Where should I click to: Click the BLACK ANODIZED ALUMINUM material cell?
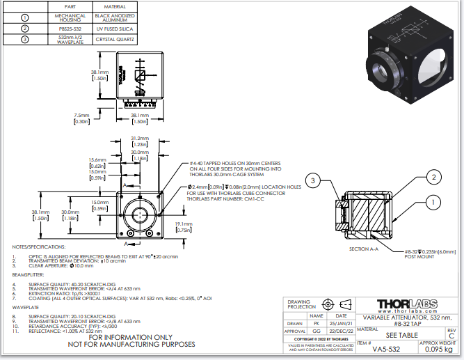tap(115, 17)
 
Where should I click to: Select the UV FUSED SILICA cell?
tap(115, 29)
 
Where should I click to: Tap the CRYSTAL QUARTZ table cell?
tap(115, 39)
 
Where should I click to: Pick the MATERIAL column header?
tap(115, 7)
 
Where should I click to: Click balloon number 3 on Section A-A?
tap(314, 182)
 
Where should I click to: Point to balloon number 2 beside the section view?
tap(433, 178)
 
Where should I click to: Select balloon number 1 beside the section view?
tap(433, 203)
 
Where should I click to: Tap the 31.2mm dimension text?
tap(140, 138)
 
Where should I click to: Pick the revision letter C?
tap(451, 335)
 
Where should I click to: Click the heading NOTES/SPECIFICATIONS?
tap(39, 246)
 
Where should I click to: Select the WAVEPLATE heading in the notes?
tap(26, 306)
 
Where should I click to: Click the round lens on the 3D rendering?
tap(381, 69)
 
